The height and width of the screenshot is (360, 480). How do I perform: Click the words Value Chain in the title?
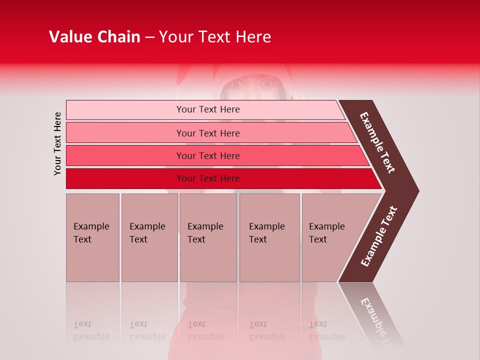tap(94, 37)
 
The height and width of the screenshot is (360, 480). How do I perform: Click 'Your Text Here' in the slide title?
tap(215, 37)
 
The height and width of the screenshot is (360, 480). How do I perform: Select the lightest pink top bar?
tap(207, 109)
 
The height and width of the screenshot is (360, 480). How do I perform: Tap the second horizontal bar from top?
tap(207, 133)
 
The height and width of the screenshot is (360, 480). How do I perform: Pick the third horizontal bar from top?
tap(207, 155)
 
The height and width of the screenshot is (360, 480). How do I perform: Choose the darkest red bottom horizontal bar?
tap(207, 178)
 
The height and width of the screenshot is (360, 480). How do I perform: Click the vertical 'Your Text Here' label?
tap(57, 143)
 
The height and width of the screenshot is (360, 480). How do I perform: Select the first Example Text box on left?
tap(92, 237)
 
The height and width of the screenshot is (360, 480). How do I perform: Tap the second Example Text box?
tap(149, 237)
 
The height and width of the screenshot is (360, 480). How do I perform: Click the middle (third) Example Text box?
tap(208, 237)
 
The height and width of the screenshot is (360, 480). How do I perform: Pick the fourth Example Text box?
tap(269, 237)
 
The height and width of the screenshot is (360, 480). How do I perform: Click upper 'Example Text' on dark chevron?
tap(377, 142)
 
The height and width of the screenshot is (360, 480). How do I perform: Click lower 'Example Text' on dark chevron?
tap(379, 236)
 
